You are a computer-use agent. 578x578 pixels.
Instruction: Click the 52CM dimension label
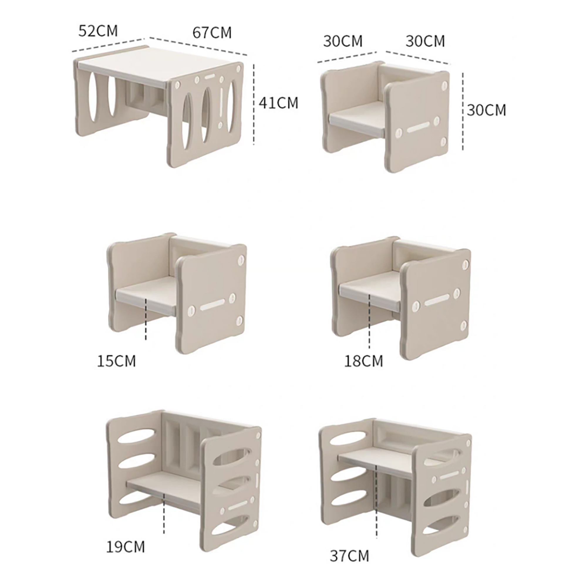point(98,31)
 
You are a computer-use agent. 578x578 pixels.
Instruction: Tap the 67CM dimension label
point(212,33)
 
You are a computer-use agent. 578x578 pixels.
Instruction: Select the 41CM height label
point(279,103)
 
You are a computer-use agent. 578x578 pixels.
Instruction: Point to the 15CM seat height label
point(116,361)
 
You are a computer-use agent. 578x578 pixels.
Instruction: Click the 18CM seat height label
point(363,361)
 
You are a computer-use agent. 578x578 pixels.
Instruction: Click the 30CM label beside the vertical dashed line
point(486,110)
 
